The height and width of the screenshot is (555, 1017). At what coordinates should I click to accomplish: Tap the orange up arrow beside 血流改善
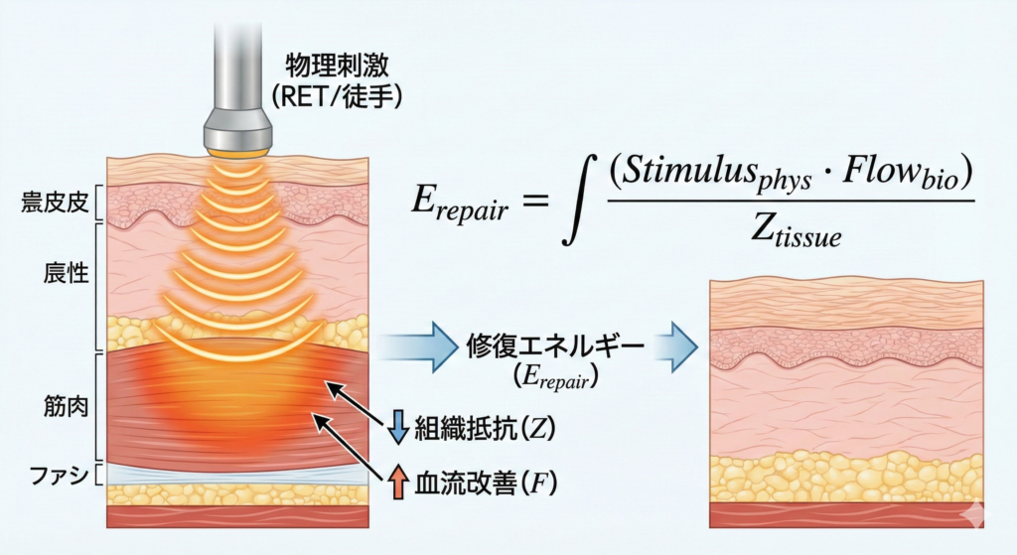pyautogui.click(x=397, y=483)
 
